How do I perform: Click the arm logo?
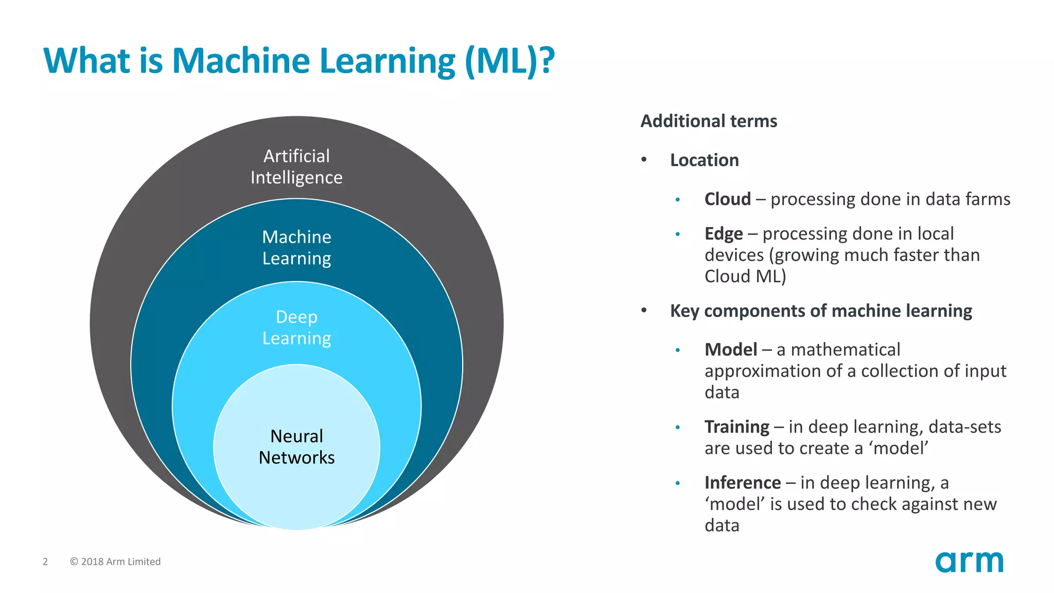click(x=969, y=562)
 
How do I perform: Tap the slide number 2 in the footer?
click(x=45, y=562)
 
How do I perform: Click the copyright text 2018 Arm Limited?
click(x=115, y=562)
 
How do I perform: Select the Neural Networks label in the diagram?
click(x=296, y=447)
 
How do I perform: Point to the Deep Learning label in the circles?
click(x=296, y=327)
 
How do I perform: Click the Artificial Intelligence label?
click(x=296, y=166)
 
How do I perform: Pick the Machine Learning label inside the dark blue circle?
click(x=296, y=248)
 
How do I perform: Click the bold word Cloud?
click(x=727, y=199)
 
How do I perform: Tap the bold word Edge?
click(x=723, y=234)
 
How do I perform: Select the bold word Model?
click(x=730, y=350)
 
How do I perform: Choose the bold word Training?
click(x=736, y=427)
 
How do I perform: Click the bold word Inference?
click(x=742, y=483)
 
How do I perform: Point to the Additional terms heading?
click(x=708, y=121)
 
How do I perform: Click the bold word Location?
click(x=704, y=160)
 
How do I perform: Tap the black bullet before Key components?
click(x=644, y=310)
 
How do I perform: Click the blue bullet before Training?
click(x=678, y=427)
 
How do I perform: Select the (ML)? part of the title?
click(x=510, y=61)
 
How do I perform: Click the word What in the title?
click(x=87, y=61)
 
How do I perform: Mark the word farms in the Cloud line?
click(x=988, y=199)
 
